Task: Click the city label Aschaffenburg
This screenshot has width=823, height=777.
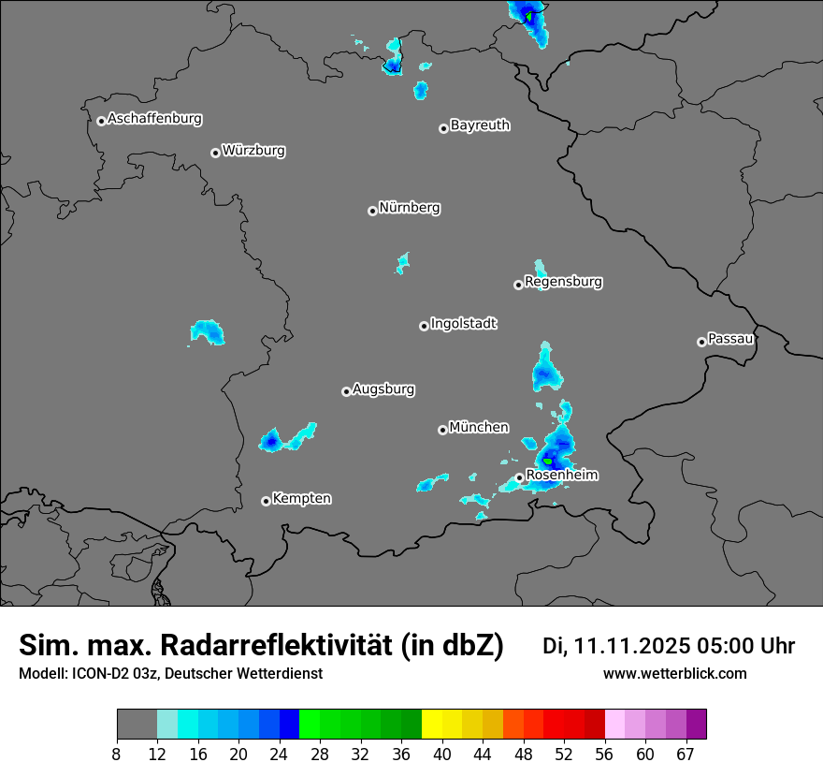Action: pyautogui.click(x=154, y=119)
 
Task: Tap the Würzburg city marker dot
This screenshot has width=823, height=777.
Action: pyautogui.click(x=215, y=153)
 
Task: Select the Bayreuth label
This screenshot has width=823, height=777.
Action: pyautogui.click(x=480, y=125)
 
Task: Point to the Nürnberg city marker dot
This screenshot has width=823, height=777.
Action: pyautogui.click(x=372, y=211)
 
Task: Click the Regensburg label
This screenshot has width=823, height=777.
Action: pyautogui.click(x=563, y=282)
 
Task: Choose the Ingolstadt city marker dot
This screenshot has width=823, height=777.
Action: pyautogui.click(x=424, y=326)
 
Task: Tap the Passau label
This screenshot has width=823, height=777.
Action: pyautogui.click(x=730, y=339)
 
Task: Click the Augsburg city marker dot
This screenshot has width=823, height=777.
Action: pyautogui.click(x=346, y=391)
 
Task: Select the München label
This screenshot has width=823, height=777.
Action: pyautogui.click(x=479, y=428)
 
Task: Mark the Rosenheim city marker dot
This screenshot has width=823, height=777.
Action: pyautogui.click(x=519, y=477)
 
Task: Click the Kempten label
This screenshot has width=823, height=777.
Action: pyautogui.click(x=301, y=498)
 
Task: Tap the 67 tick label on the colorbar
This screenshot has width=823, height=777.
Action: pyautogui.click(x=686, y=755)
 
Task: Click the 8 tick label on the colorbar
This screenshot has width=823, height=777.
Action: pyautogui.click(x=117, y=755)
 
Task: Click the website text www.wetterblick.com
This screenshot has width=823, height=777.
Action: pyautogui.click(x=674, y=674)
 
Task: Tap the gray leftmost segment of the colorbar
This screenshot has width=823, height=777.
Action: pyautogui.click(x=137, y=725)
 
